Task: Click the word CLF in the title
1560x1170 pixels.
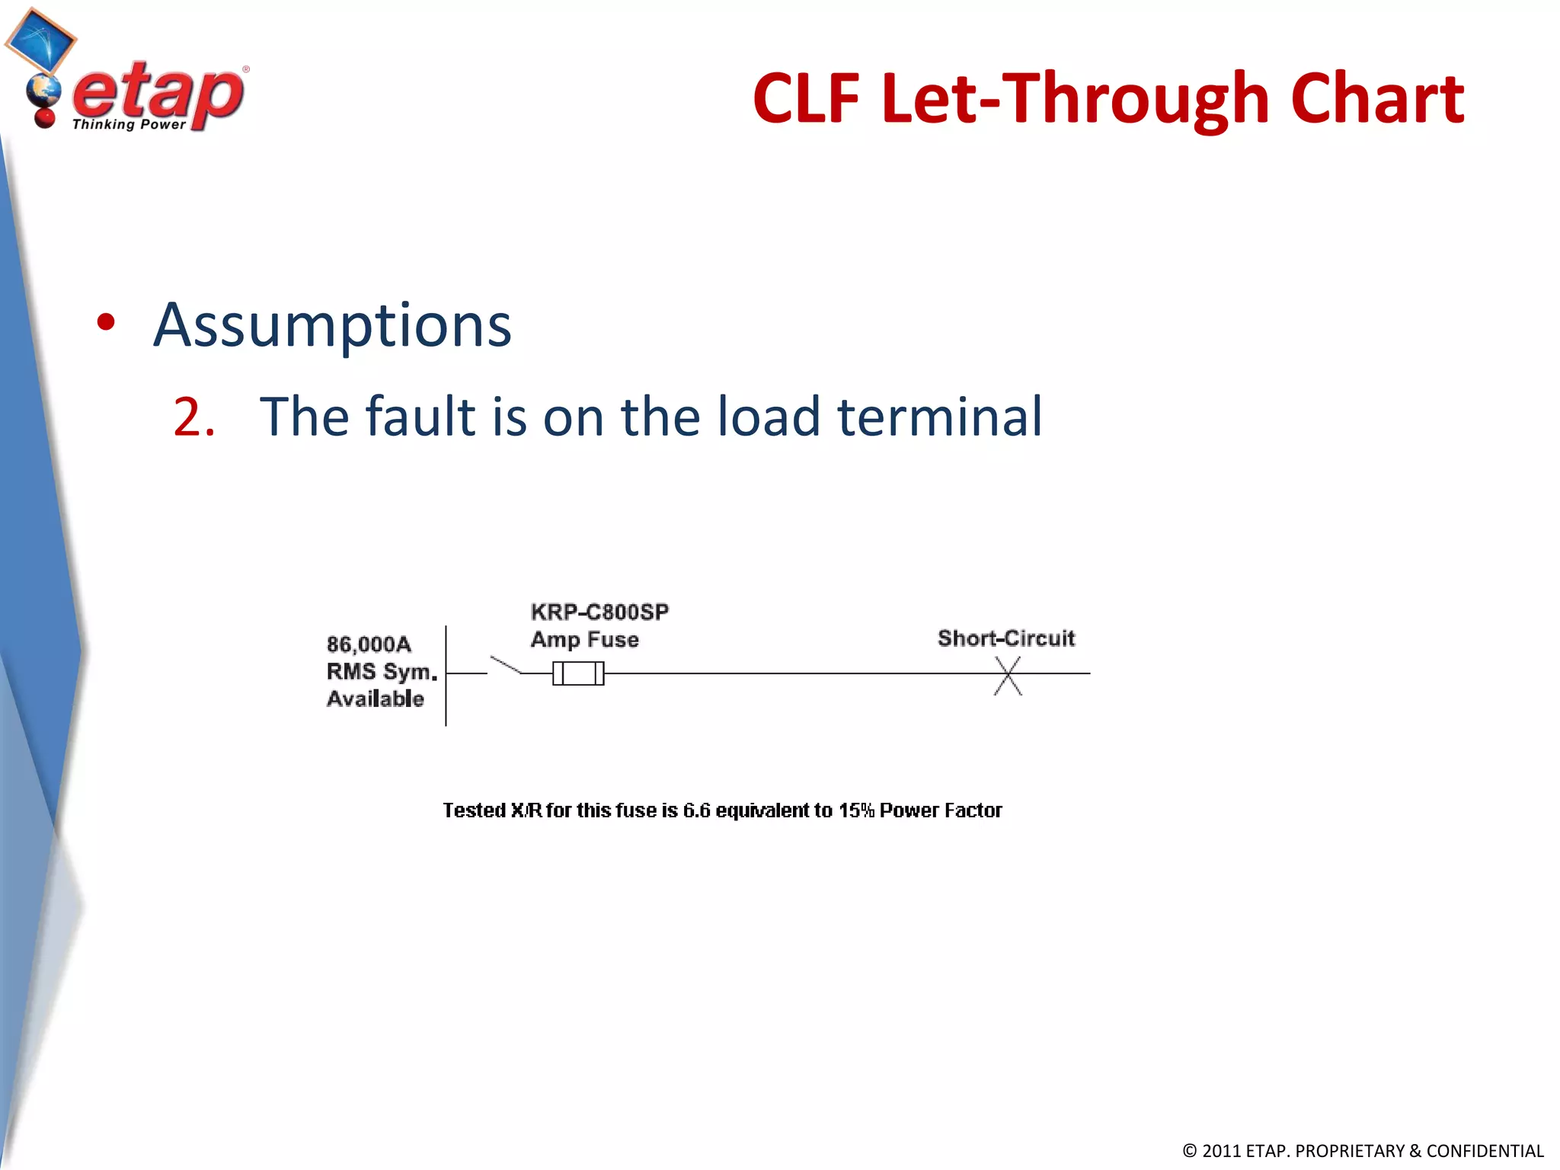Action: pos(805,99)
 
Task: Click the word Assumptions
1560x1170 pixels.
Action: pos(332,325)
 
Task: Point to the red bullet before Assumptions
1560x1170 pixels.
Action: pos(106,322)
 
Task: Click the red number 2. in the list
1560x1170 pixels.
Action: pos(193,417)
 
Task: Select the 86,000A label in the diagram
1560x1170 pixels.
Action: pos(369,644)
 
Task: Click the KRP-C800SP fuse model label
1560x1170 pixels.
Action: pos(599,612)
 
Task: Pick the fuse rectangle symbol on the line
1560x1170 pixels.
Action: pos(578,673)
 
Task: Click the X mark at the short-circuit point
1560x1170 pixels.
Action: pos(1007,675)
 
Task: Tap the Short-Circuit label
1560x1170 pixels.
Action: pos(1005,638)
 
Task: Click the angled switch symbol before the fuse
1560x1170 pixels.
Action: pos(505,665)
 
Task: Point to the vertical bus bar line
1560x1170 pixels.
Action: pos(446,675)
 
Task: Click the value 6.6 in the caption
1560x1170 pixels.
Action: pos(696,810)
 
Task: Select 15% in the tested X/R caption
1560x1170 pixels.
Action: pos(856,810)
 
